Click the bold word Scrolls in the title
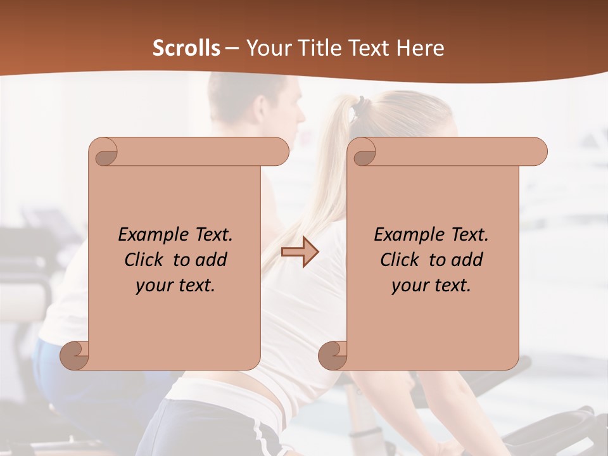pos(187,48)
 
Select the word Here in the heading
pos(421,48)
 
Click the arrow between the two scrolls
pos(300,252)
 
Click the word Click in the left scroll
pos(144,260)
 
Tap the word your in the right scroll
pos(410,285)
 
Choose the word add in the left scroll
pos(212,260)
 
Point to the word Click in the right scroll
pos(400,260)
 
